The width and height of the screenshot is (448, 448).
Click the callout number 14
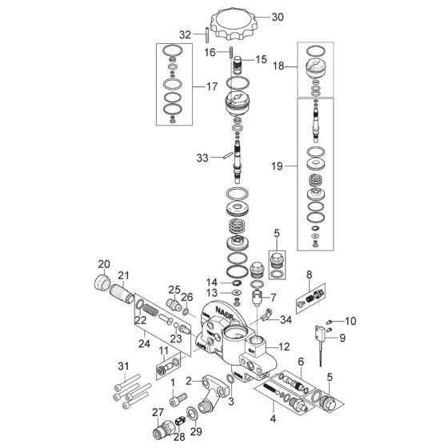[x=210, y=282]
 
